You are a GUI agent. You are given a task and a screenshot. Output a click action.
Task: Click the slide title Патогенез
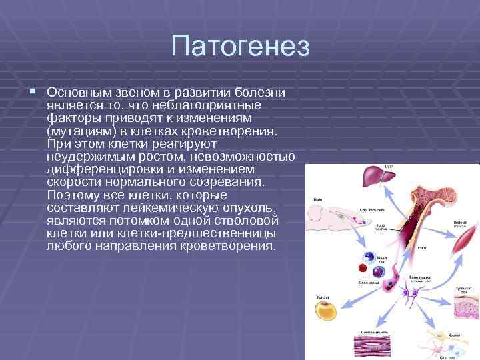coord(240,47)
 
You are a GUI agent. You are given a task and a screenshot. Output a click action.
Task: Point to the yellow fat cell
coord(325,311)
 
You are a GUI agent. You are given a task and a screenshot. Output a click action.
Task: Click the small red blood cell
coord(364,267)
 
